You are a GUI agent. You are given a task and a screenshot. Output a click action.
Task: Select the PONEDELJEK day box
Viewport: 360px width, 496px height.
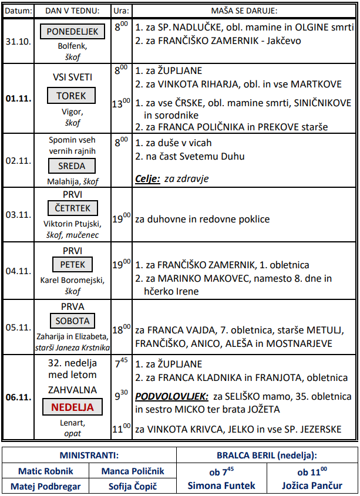(72, 32)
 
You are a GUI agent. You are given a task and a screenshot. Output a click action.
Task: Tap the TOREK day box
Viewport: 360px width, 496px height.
(72, 96)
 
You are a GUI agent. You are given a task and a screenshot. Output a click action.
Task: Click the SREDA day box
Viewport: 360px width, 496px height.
(72, 166)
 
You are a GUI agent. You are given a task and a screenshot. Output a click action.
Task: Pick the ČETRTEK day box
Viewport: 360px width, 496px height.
(72, 208)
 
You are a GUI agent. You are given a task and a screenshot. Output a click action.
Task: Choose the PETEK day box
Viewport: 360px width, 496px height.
(72, 265)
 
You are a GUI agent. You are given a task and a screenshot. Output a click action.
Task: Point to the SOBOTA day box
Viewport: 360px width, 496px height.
(72, 321)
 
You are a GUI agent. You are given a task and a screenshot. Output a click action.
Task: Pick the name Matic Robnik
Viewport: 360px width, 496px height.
(46, 471)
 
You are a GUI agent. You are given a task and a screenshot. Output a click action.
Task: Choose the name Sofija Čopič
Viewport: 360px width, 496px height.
(133, 486)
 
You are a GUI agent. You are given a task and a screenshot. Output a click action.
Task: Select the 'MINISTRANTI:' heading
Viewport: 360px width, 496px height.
(89, 455)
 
